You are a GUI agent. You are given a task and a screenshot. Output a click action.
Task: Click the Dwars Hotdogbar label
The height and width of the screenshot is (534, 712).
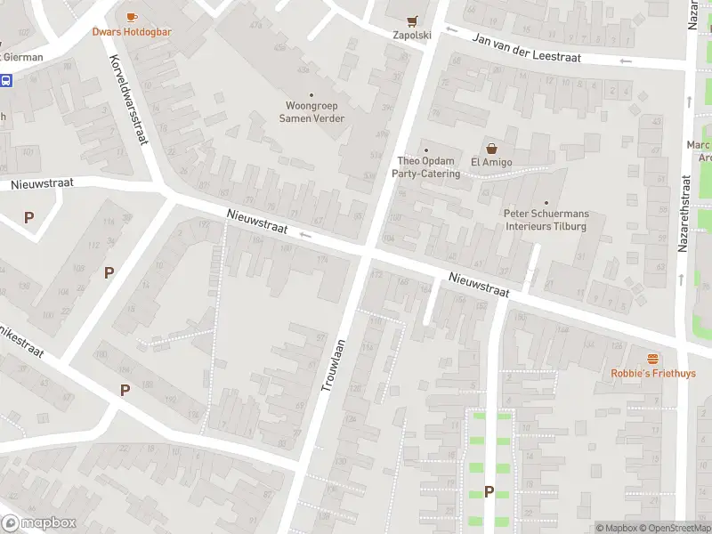pyautogui.click(x=132, y=32)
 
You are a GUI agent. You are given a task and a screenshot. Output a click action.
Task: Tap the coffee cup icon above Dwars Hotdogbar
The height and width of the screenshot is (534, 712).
pyautogui.click(x=132, y=17)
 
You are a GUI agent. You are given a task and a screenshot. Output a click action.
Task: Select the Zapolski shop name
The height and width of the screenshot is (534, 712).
pyautogui.click(x=411, y=36)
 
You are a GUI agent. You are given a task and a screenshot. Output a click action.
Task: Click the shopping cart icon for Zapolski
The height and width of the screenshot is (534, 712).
pyautogui.click(x=411, y=20)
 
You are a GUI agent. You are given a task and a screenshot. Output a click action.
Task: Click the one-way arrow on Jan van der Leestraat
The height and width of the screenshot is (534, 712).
pyautogui.click(x=626, y=61)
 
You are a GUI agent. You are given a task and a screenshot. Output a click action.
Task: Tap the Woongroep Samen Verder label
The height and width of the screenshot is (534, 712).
pyautogui.click(x=311, y=112)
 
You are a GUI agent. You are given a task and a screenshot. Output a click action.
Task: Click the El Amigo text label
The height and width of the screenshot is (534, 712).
pyautogui.click(x=489, y=162)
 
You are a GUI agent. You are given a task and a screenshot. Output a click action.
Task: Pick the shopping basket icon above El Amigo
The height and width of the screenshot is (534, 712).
pyautogui.click(x=489, y=148)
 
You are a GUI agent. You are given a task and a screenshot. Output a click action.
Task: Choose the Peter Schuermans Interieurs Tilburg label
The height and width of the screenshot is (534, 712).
pyautogui.click(x=546, y=220)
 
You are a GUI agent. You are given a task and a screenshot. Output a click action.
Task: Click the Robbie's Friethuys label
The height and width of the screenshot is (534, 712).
pyautogui.click(x=653, y=374)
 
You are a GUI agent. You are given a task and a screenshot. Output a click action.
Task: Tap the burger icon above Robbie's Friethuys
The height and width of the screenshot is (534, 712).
pyautogui.click(x=653, y=359)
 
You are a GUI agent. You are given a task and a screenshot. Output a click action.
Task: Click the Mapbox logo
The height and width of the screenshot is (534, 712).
pyautogui.click(x=39, y=523)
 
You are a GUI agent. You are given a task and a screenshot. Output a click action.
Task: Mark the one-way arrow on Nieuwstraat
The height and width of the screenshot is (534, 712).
pyautogui.click(x=304, y=236)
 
